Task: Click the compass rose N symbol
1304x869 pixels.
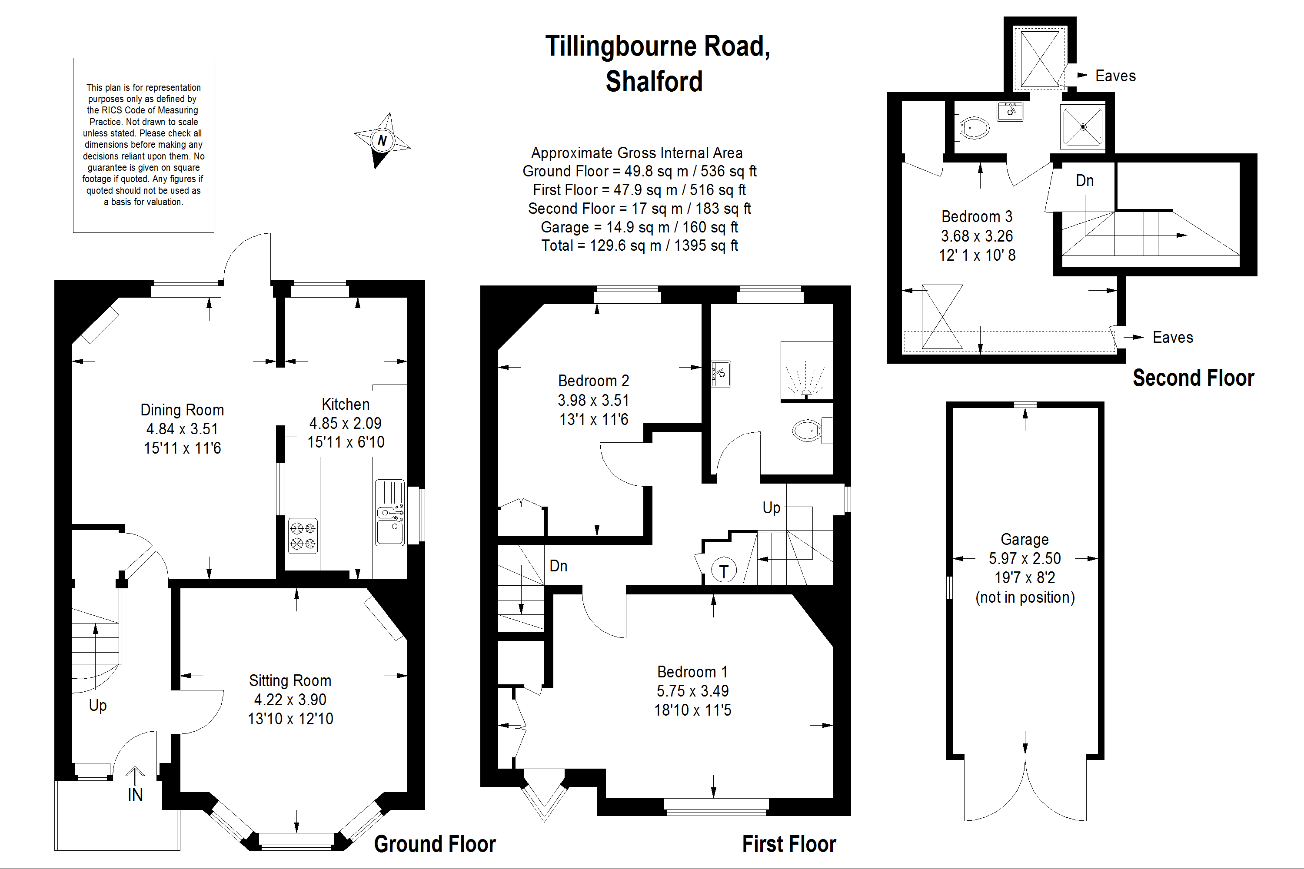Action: click(x=382, y=141)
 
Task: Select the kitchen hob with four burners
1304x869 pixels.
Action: click(x=303, y=536)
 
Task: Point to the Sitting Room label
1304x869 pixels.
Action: click(x=290, y=680)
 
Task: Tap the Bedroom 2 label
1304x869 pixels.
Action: click(x=593, y=381)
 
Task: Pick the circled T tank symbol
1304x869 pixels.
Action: click(x=724, y=571)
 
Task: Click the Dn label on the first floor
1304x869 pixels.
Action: click(x=558, y=566)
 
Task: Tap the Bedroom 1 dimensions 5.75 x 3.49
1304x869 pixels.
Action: click(x=692, y=691)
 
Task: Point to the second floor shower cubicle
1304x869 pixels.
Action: click(x=1082, y=126)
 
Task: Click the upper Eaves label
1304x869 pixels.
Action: click(x=1115, y=76)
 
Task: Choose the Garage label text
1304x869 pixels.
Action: click(x=1024, y=539)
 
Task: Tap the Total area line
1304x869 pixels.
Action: click(x=639, y=245)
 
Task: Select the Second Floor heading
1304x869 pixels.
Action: click(x=1193, y=378)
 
